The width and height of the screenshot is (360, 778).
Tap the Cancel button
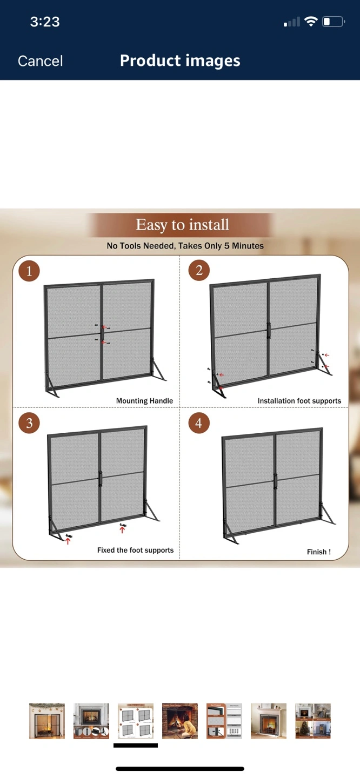(41, 61)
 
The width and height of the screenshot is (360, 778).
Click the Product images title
(180, 61)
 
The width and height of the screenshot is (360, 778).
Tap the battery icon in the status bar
(333, 22)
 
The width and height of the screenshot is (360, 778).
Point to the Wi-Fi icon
(311, 22)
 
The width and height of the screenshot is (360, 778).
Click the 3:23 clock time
(45, 22)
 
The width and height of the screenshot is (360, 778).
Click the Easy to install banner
(182, 225)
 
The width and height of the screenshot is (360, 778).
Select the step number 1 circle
(29, 271)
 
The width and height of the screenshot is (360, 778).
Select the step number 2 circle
(199, 270)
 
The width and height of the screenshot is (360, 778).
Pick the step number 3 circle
(29, 423)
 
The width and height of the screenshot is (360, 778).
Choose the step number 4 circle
(199, 423)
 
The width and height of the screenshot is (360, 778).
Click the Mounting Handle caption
(144, 401)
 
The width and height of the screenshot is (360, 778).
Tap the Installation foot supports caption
(299, 401)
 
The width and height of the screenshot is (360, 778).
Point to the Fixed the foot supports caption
(135, 550)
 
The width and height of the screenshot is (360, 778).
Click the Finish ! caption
(319, 552)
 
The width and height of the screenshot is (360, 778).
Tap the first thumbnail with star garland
(47, 721)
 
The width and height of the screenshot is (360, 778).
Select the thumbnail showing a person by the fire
(180, 721)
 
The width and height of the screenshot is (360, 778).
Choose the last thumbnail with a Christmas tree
(313, 721)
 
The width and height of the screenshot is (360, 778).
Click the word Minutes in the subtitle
(248, 246)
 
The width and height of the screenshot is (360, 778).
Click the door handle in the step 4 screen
(275, 481)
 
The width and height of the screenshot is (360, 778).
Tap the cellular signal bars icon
(292, 22)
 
